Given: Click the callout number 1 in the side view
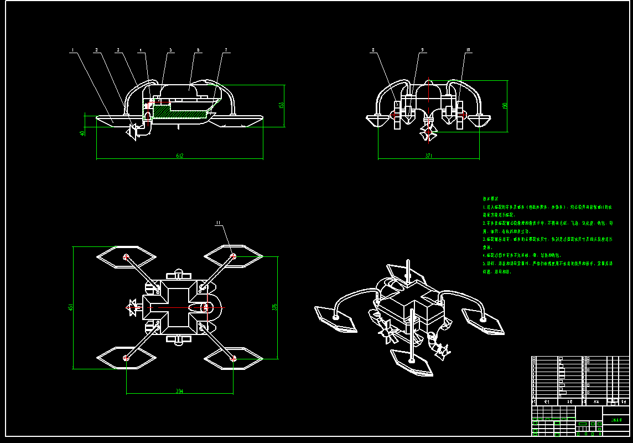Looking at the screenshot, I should click(x=72, y=50).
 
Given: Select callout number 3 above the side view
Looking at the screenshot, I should click(x=117, y=50).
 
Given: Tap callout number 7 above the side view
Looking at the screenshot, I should click(x=226, y=50).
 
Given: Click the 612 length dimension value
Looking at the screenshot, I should click(x=180, y=156).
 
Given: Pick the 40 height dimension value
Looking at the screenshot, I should click(x=82, y=133).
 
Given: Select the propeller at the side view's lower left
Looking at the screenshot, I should click(x=133, y=132).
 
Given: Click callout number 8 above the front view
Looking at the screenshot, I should click(x=373, y=50).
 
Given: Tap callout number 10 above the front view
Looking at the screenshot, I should click(x=468, y=50).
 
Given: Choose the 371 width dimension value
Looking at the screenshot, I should click(x=429, y=156).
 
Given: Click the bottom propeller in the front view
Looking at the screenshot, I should click(x=428, y=132).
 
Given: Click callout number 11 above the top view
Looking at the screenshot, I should click(x=218, y=223).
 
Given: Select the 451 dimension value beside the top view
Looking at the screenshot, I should click(x=70, y=307).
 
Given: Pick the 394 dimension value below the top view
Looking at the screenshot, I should click(x=179, y=391).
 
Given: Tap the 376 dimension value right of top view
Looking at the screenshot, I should click(x=274, y=307).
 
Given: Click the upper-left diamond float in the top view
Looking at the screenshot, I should click(x=126, y=256).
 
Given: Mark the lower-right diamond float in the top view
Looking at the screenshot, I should click(x=234, y=358).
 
